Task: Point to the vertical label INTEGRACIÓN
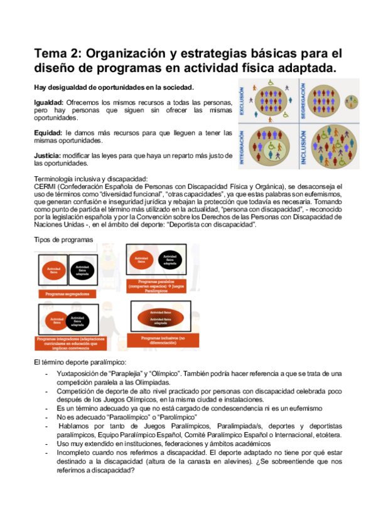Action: pos(242,147)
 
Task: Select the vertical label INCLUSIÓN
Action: pos(303,147)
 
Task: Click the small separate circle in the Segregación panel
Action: pos(352,101)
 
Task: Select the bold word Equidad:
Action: pos(48,133)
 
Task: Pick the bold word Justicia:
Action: pos(48,155)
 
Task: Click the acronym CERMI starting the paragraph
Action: pos(45,186)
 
